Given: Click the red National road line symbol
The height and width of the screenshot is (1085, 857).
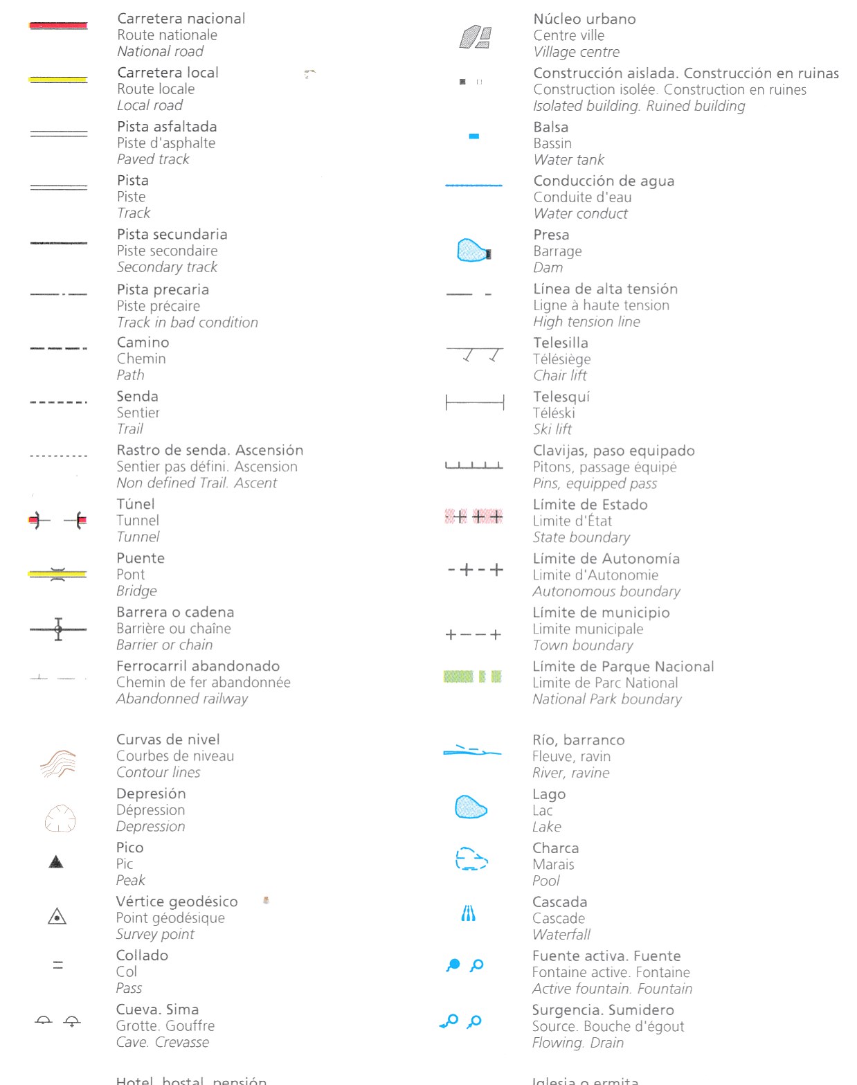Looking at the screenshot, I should click(x=58, y=26).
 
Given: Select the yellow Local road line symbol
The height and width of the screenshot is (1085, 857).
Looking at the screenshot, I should click(x=58, y=80).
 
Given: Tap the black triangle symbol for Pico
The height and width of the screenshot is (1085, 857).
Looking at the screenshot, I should click(x=57, y=862).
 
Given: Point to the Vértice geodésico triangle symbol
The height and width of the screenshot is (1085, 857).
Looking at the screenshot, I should click(x=57, y=917).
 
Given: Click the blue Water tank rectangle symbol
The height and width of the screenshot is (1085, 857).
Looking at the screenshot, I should click(x=474, y=136).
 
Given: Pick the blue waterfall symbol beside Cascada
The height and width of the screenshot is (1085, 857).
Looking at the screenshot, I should click(x=469, y=914).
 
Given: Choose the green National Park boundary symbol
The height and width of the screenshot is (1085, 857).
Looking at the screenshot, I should click(x=473, y=676).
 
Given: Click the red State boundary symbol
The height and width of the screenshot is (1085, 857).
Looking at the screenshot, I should click(x=474, y=517).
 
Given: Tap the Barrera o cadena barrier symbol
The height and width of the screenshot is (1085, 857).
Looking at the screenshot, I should click(x=58, y=629).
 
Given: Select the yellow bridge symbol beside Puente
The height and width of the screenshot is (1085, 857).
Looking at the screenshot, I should click(x=57, y=574).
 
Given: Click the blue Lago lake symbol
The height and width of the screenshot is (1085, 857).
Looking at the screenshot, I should click(x=471, y=807).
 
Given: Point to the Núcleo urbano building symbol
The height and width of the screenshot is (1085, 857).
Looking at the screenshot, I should click(x=476, y=37).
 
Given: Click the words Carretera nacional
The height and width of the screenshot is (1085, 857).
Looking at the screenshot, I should click(x=181, y=19).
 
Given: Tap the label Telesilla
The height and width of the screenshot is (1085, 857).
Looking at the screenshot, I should click(x=561, y=343).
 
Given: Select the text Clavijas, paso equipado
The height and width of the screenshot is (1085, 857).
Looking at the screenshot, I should click(x=614, y=451).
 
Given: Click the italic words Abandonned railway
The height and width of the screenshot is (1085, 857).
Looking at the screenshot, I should click(x=182, y=699).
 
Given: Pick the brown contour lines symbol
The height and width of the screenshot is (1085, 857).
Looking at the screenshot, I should click(x=57, y=763).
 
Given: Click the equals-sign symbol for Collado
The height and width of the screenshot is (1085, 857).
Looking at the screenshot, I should click(x=58, y=965).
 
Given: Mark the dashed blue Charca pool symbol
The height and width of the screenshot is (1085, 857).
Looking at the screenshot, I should click(x=471, y=859).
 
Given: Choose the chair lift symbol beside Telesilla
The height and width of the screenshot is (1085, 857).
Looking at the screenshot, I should click(x=475, y=355).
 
